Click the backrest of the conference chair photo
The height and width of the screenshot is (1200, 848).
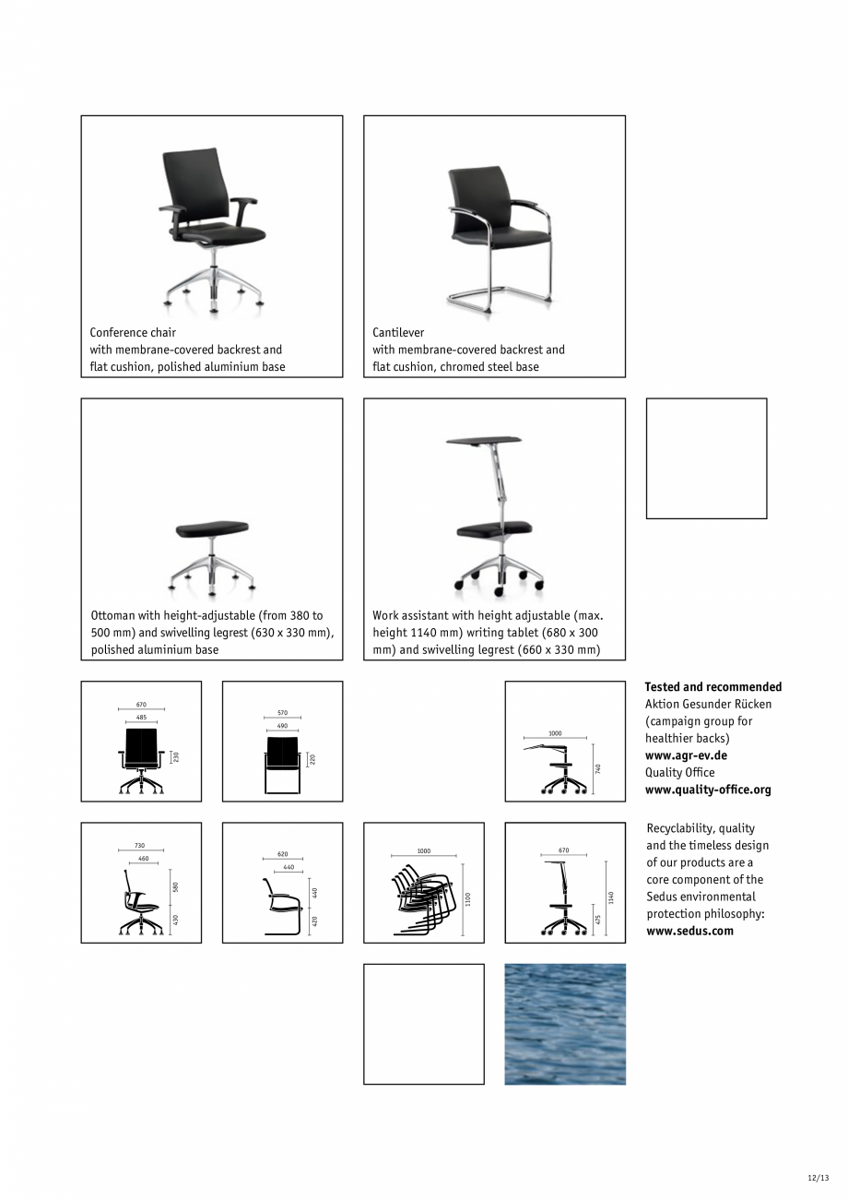pos(192,184)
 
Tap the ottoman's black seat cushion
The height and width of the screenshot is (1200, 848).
pos(212,531)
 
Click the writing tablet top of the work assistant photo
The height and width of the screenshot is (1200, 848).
pos(483,440)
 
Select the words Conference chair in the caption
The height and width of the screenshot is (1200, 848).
pos(133,332)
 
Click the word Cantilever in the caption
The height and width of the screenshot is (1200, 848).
pos(398,332)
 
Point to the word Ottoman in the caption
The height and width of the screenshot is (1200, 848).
pos(113,615)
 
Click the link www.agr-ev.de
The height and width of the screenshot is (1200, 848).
pos(686,755)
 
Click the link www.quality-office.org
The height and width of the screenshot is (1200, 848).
pos(708,790)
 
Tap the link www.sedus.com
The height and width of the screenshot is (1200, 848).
pos(689,931)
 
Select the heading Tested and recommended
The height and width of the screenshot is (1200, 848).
pos(713,687)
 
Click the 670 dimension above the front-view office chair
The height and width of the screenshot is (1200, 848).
pos(141,705)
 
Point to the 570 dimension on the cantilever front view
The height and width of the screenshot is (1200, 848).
pos(282,713)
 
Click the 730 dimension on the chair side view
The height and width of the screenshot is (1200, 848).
pos(140,846)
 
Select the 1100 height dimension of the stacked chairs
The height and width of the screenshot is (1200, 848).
pos(467,898)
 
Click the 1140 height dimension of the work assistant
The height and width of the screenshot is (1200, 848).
pos(610,897)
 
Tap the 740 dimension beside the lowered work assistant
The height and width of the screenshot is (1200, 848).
pos(598,767)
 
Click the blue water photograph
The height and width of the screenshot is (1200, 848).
pos(564,1024)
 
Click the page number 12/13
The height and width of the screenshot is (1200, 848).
pos(818,1178)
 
